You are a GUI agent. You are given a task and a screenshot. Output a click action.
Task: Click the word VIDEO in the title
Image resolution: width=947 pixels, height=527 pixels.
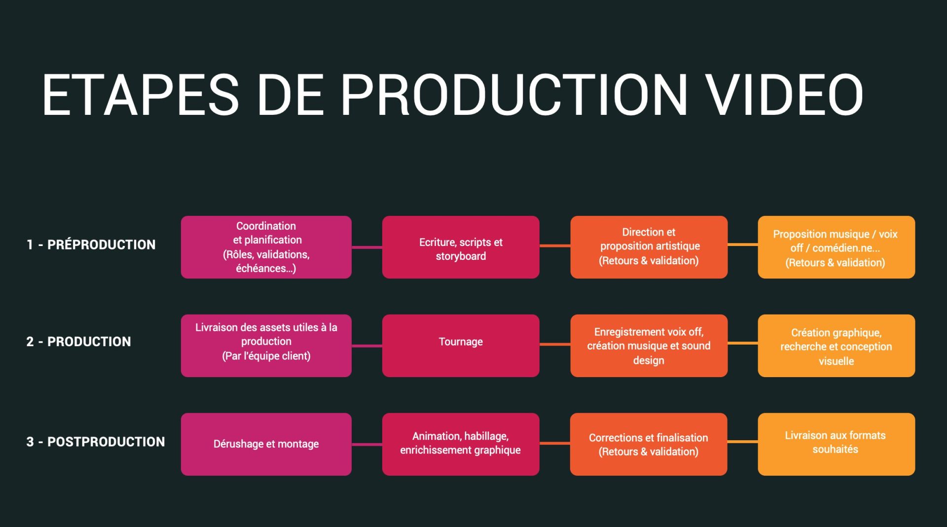click(784, 95)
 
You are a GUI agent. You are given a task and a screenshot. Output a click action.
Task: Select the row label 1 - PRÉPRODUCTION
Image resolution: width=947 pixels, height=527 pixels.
click(91, 245)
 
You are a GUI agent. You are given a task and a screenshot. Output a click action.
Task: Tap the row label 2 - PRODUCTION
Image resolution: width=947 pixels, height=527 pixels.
click(79, 342)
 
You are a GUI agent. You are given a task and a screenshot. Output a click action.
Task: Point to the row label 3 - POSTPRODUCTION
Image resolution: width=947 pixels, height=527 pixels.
click(96, 442)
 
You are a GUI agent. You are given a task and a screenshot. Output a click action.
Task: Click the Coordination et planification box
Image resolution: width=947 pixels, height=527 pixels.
click(266, 247)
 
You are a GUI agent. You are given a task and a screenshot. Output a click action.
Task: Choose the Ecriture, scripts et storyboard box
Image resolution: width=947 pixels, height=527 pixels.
click(461, 247)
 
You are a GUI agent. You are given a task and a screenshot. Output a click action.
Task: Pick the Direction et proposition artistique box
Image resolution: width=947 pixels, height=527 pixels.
click(649, 247)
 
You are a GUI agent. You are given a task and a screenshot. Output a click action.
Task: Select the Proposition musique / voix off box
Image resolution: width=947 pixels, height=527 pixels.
click(836, 247)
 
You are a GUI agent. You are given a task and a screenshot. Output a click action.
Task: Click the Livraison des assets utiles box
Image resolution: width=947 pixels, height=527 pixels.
click(266, 346)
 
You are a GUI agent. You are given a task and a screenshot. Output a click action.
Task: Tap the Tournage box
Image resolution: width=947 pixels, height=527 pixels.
click(461, 346)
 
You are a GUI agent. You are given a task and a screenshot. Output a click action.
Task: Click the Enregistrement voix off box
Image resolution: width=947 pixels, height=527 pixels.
click(649, 346)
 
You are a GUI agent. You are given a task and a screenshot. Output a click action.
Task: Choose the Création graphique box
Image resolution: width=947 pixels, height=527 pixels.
click(836, 346)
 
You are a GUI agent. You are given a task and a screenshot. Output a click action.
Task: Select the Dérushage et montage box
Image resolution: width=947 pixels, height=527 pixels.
click(266, 444)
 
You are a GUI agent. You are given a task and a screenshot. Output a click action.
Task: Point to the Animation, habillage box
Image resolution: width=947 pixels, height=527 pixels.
click(461, 444)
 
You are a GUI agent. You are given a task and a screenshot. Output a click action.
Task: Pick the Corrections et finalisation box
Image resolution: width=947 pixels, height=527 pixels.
click(649, 444)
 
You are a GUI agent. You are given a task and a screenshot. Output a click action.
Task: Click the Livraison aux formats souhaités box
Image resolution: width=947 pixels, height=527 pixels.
click(836, 444)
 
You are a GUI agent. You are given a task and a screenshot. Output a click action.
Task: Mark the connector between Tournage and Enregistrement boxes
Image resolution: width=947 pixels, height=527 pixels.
click(555, 344)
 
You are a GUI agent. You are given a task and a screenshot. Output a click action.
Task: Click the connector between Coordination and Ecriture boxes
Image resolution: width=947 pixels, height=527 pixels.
click(367, 247)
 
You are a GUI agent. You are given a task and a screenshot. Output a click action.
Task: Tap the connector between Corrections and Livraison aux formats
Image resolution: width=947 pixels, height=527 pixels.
click(742, 442)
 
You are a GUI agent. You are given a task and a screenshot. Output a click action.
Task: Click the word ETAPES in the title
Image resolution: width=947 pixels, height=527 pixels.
click(141, 95)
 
